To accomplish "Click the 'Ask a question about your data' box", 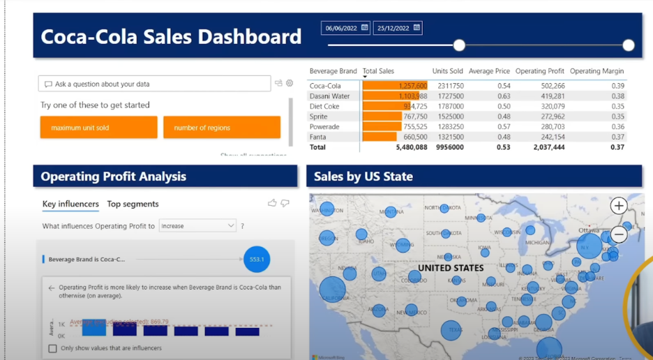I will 154,84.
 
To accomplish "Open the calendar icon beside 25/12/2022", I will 417,28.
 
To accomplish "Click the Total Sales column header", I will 378,71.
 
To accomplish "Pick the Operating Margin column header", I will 596,71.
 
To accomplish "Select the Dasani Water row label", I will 330,96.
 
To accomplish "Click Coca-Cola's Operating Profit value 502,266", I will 551,86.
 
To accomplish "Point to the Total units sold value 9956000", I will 448,147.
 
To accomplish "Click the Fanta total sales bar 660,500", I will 380,137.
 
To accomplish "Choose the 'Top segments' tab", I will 133,204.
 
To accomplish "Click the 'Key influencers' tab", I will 70,204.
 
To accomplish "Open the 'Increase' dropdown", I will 198,225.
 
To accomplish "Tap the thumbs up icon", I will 272,203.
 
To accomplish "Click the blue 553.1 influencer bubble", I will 257,259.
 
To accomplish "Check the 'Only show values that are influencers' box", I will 52,348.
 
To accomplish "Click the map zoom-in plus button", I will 619,205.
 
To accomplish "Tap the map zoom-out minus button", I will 619,234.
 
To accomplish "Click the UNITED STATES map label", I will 451,268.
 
